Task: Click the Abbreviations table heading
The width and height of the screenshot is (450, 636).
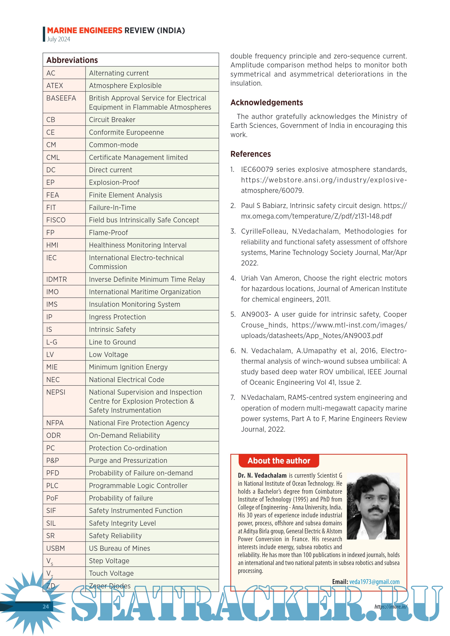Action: (72, 60)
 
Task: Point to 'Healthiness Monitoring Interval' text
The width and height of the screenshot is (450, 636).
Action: (137, 245)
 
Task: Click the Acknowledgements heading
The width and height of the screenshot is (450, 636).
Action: (266, 102)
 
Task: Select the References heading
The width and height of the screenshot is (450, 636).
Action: (250, 154)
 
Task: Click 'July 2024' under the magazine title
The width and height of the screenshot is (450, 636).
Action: (59, 39)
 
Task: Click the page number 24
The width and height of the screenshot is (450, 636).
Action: (46, 607)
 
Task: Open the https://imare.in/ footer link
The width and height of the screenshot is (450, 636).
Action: (391, 607)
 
